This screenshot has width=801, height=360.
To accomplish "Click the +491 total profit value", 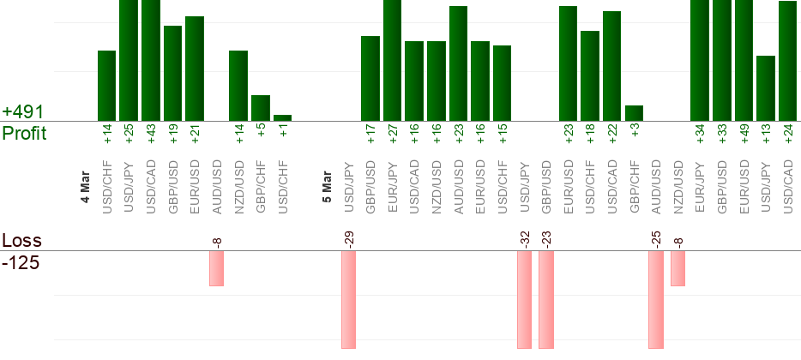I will click(23, 112).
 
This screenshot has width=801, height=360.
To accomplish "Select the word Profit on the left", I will click(25, 133).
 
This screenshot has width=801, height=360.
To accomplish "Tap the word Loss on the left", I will click(21, 241).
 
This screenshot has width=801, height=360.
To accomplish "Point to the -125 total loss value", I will click(21, 261).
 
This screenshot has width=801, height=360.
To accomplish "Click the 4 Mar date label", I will click(86, 188).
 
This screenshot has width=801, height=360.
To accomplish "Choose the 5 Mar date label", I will click(327, 188).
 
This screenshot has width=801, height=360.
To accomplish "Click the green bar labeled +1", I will click(282, 117).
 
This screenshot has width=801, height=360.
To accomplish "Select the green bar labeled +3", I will click(634, 113).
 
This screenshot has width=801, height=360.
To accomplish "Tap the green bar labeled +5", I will click(260, 108).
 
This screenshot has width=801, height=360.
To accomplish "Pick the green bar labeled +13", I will click(766, 88).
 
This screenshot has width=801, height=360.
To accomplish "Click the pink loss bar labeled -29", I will click(348, 300).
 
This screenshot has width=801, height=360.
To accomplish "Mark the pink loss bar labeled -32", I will click(524, 300).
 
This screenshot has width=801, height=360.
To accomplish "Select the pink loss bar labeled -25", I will click(656, 300).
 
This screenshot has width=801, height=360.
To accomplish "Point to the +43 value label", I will click(151, 134).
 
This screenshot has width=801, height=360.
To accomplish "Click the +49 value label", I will click(744, 134).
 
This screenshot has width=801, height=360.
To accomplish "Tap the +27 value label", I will click(392, 134).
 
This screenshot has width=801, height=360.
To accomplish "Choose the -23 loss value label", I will click(546, 237).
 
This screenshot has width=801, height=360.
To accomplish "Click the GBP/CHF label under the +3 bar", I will click(634, 181).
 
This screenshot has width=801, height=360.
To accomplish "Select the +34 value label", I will click(700, 134).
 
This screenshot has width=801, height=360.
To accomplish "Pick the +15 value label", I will click(502, 134).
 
